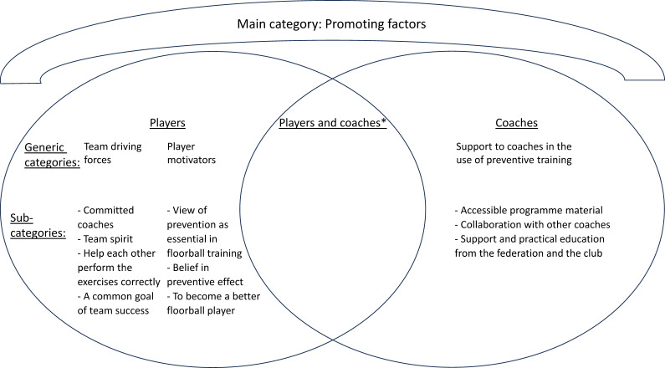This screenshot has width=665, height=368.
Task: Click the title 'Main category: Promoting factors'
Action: tap(331, 23)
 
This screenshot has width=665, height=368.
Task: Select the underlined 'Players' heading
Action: tap(167, 123)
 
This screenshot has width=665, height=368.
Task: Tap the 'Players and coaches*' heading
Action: tap(333, 123)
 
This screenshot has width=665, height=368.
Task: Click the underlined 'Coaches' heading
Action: tap(517, 123)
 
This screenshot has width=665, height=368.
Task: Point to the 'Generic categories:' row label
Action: tap(52, 155)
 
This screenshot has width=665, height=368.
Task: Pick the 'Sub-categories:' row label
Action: tap(38, 225)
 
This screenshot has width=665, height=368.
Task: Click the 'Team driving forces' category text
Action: tap(112, 153)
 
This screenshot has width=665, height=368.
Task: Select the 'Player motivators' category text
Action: tap(192, 153)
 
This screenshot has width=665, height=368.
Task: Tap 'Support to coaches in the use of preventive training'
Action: tap(514, 153)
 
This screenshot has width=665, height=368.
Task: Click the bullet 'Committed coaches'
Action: tap(105, 217)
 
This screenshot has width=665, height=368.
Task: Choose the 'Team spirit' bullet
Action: tap(105, 239)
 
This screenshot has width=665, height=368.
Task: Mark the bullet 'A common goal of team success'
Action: tap(115, 303)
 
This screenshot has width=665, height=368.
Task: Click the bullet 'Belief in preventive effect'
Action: tap(205, 274)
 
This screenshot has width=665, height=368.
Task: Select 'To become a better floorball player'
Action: tap(213, 303)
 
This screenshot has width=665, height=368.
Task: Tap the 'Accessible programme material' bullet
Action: tap(529, 210)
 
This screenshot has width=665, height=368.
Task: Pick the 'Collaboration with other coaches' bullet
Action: tap(532, 225)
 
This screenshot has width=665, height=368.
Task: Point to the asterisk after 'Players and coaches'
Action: tap(383, 121)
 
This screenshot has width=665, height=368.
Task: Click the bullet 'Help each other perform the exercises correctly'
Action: tap(119, 268)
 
